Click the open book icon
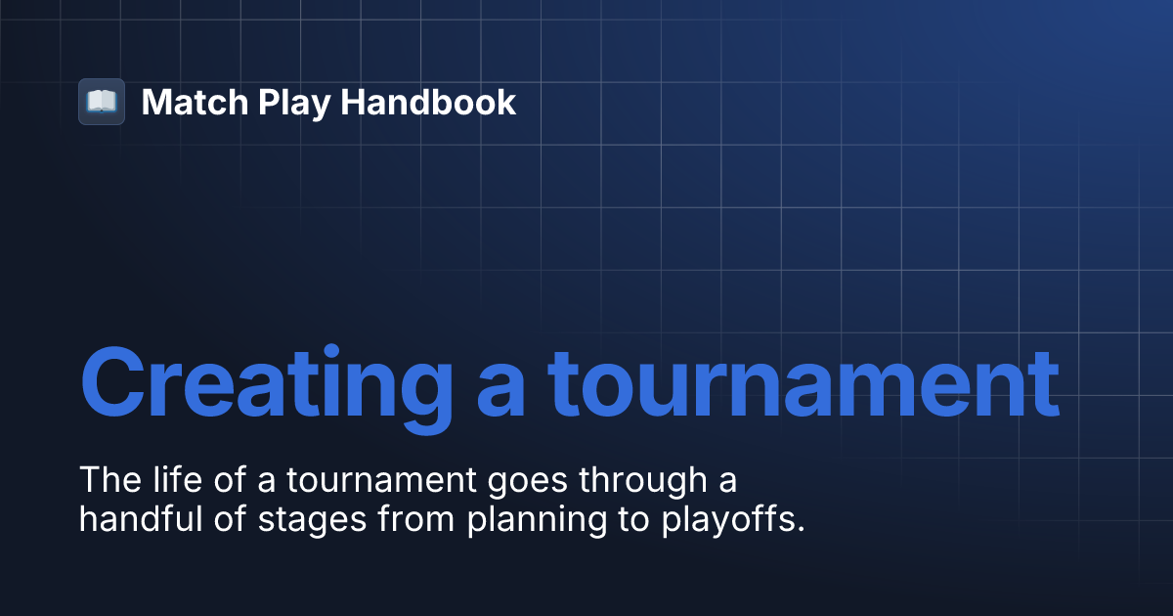click(x=102, y=102)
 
